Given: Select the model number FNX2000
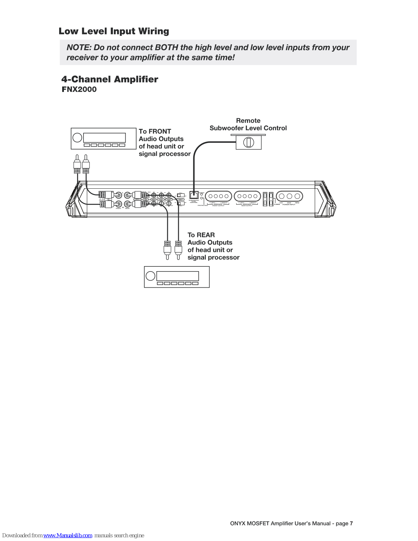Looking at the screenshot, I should (x=79, y=90).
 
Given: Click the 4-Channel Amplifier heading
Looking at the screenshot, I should (x=109, y=79).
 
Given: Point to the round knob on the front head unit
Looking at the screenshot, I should (x=77, y=137).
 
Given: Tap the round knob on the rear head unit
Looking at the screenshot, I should (x=150, y=276).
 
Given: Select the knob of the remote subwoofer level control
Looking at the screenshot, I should (x=249, y=142).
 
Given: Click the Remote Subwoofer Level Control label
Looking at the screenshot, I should (x=248, y=124).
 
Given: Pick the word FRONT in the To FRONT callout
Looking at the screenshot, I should (x=160, y=132).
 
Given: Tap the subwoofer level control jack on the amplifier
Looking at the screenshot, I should (x=194, y=195).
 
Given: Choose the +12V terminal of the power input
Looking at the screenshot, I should (x=281, y=196).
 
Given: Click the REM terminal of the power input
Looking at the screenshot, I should (x=297, y=196).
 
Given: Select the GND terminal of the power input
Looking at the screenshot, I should (x=290, y=196).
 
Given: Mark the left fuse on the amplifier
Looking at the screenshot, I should (x=265, y=199).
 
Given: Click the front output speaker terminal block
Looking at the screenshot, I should (x=218, y=196).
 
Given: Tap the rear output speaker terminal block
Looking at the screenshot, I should (x=247, y=196).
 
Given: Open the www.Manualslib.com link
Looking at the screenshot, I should (x=68, y=536).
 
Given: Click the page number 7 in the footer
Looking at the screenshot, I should (x=351, y=523).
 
